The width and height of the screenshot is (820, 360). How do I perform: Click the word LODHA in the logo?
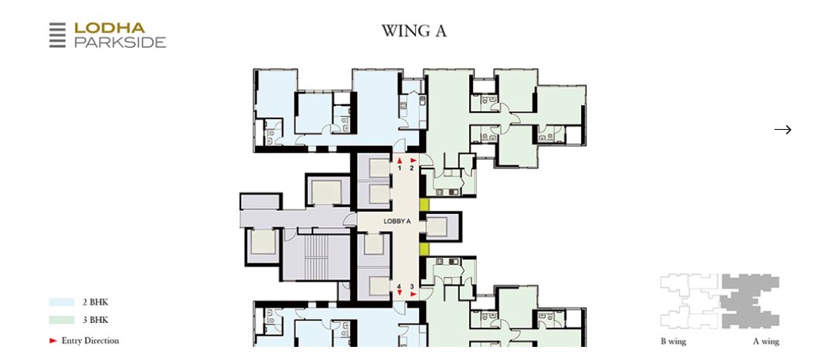click(109, 28)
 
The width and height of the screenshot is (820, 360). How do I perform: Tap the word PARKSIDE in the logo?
click(120, 42)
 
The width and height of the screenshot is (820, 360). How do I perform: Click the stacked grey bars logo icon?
click(57, 36)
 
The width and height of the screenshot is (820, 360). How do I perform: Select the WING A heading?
click(413, 32)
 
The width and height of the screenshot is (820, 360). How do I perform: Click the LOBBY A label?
click(397, 221)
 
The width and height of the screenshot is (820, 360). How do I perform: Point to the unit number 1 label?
click(400, 168)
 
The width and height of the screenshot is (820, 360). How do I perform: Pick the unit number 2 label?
click(412, 168)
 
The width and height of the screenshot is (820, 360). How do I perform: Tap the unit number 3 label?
click(412, 286)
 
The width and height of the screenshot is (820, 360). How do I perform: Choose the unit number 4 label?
click(400, 286)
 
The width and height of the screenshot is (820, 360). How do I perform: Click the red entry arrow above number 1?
click(400, 160)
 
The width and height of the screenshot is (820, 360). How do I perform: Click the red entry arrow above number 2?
click(413, 160)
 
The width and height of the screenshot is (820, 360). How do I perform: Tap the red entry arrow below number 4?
click(400, 294)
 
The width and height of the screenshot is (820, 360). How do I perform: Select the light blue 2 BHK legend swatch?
click(61, 303)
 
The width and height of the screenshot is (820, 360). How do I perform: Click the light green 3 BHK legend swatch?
click(61, 320)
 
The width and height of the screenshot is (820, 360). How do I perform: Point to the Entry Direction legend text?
click(90, 340)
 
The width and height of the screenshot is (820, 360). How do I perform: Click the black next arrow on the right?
click(783, 130)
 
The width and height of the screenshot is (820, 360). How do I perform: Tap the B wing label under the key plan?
click(672, 341)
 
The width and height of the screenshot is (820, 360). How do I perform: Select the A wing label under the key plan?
click(766, 341)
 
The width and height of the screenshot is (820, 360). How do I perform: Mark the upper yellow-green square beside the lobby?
click(424, 205)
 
